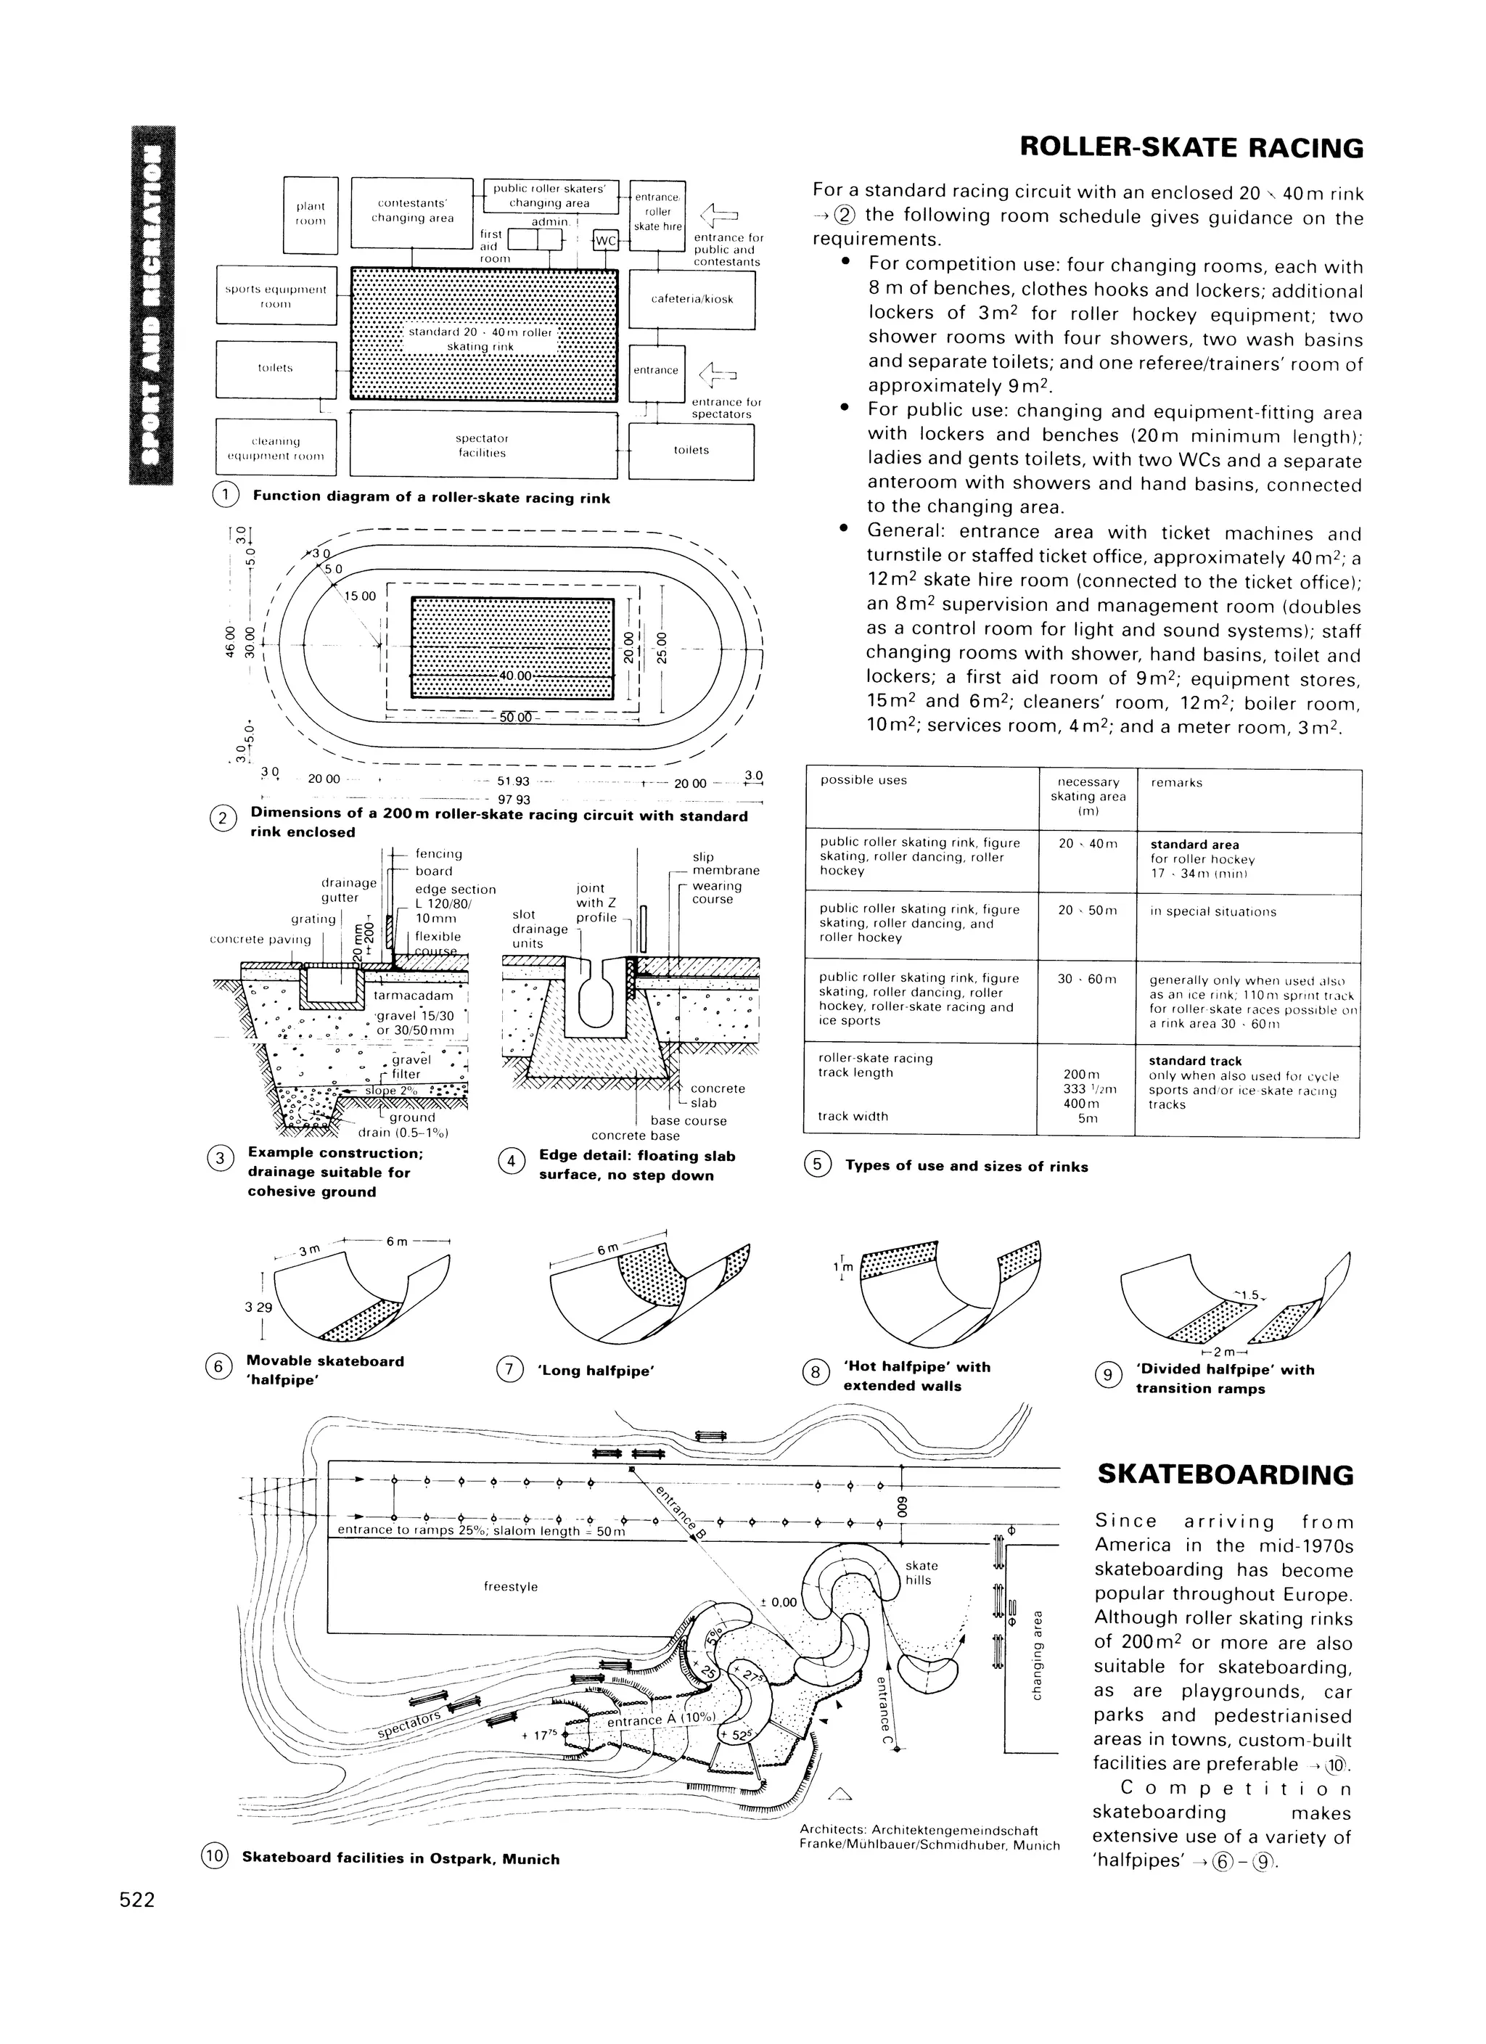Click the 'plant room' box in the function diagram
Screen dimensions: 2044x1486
pos(310,213)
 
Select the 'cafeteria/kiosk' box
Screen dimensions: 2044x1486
pos(691,298)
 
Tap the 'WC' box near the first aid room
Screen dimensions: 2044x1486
pos(606,241)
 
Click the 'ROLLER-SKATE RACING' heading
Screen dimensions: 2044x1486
pos(1191,148)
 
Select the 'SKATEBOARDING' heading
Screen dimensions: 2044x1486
pos(1225,1475)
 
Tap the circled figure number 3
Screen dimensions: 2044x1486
pos(221,1158)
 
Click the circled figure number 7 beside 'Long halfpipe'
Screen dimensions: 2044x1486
pos(509,1370)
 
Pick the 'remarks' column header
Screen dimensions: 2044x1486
pos(1177,783)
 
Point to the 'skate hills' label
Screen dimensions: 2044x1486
pos(921,1572)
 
